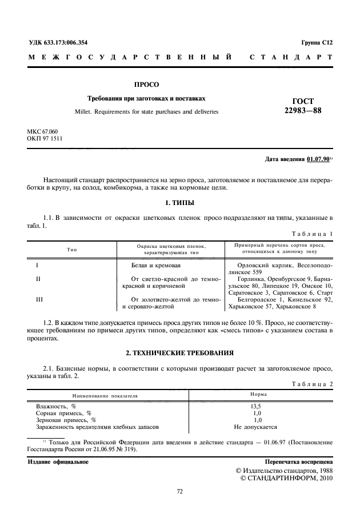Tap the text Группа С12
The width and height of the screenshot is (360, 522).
[316, 42]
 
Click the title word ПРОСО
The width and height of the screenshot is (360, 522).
[146, 85]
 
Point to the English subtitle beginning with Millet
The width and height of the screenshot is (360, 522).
[146, 111]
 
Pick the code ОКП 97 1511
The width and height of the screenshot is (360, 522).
[45, 139]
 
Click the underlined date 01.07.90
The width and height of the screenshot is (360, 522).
[318, 159]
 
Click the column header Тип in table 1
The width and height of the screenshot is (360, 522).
[72, 248]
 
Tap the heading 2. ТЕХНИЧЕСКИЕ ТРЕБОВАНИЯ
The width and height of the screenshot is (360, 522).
[179, 352]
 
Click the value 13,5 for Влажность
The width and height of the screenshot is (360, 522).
[257, 405]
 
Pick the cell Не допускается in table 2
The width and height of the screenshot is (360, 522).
[257, 427]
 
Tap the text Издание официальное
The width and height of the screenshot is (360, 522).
[58, 461]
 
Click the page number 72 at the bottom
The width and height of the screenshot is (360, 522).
[179, 490]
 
